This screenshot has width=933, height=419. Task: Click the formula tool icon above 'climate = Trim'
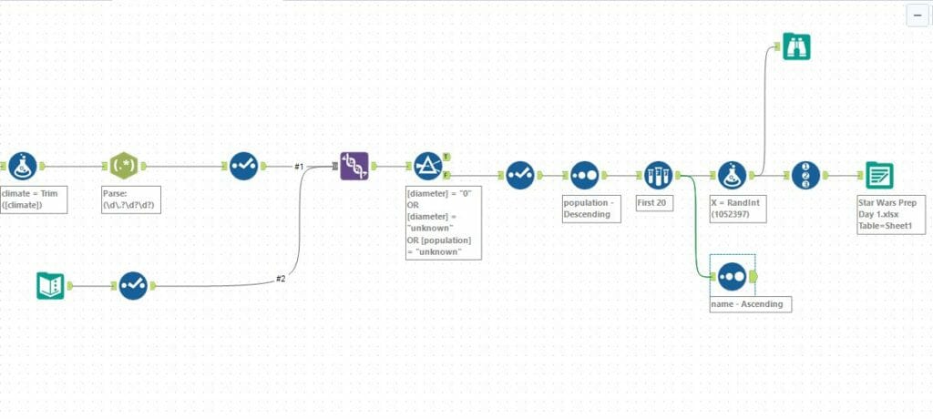click(x=24, y=167)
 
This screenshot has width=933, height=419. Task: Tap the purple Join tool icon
click(x=354, y=166)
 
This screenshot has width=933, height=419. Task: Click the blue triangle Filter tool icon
click(x=427, y=167)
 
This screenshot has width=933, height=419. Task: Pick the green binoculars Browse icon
click(x=796, y=47)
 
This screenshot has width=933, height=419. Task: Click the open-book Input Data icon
click(x=50, y=286)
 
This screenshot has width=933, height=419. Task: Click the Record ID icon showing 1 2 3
click(x=805, y=175)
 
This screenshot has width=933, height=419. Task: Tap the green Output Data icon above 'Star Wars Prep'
click(x=879, y=175)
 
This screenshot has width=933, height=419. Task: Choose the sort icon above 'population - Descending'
click(x=584, y=175)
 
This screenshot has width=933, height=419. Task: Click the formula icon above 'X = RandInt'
click(x=733, y=175)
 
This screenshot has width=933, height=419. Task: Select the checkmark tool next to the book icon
click(x=133, y=286)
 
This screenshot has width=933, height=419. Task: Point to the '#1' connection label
click(x=298, y=167)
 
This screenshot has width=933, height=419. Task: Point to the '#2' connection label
click(x=281, y=279)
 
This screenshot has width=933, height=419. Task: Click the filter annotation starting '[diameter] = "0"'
click(x=443, y=222)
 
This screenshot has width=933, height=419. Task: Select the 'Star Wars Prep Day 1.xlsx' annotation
click(x=890, y=213)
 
